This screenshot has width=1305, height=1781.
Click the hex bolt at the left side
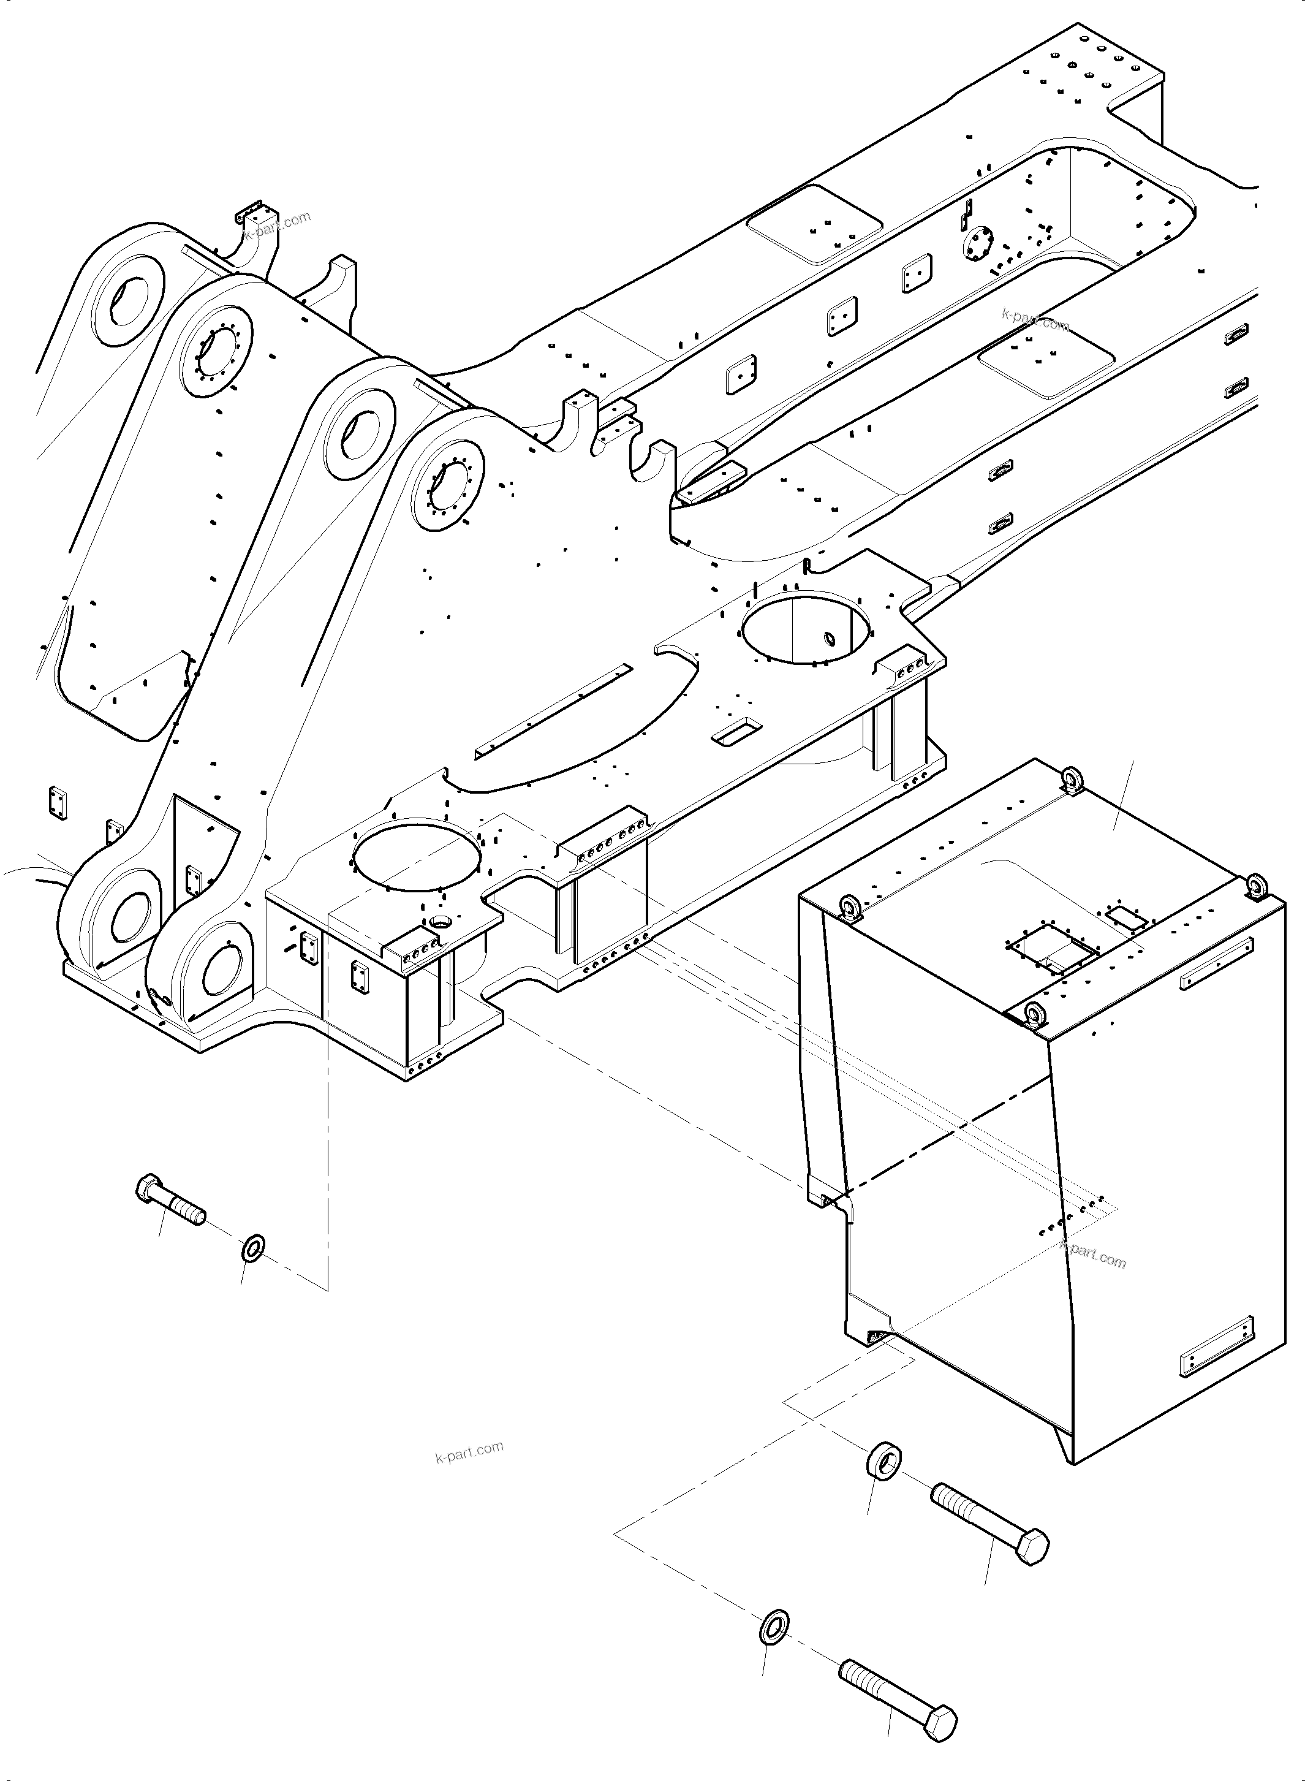coord(170,1199)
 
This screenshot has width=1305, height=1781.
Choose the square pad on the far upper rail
coord(814,224)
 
